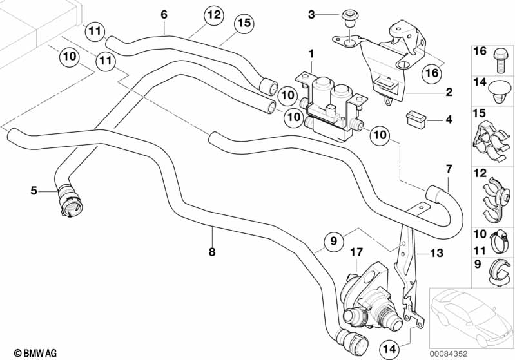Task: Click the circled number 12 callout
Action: pyautogui.click(x=213, y=15)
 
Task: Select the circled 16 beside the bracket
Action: pyautogui.click(x=432, y=73)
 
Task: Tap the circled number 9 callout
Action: pyautogui.click(x=333, y=242)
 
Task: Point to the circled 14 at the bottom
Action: pyautogui.click(x=390, y=349)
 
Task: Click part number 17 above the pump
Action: pyautogui.click(x=356, y=252)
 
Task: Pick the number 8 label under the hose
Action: pyautogui.click(x=212, y=252)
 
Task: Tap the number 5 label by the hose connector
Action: pyautogui.click(x=34, y=191)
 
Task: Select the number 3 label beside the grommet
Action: pyautogui.click(x=311, y=15)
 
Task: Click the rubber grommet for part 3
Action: pyautogui.click(x=347, y=19)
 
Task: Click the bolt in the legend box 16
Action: pyautogui.click(x=499, y=61)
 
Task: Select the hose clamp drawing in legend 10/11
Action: pyautogui.click(x=500, y=242)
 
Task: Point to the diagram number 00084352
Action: pyautogui.click(x=449, y=354)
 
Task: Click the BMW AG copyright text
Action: pyautogui.click(x=35, y=353)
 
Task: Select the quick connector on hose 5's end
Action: pyautogui.click(x=70, y=201)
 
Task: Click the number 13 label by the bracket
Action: pyautogui.click(x=436, y=253)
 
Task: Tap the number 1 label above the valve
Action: pyautogui.click(x=311, y=54)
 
